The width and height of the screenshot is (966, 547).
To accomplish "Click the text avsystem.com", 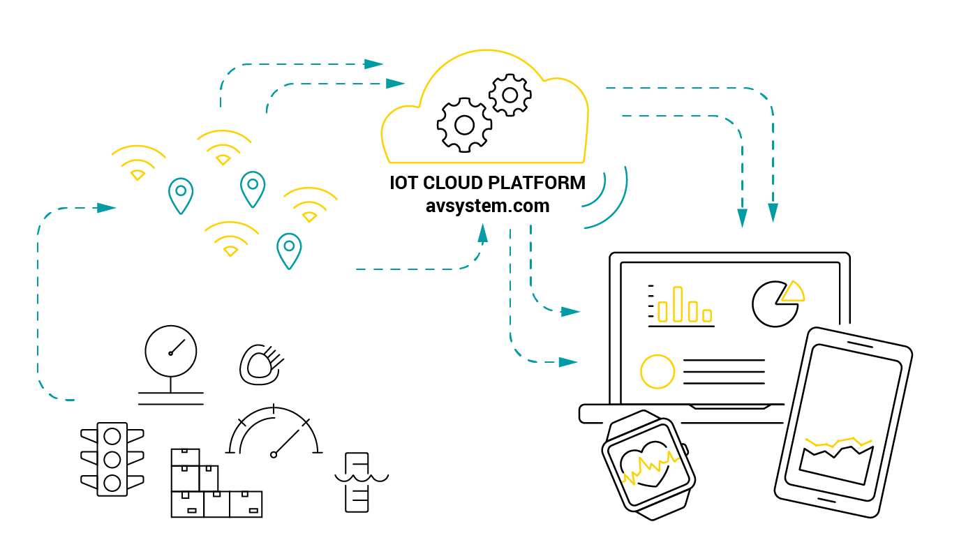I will pos(487,207).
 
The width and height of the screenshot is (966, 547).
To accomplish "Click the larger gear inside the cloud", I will pos(464,125).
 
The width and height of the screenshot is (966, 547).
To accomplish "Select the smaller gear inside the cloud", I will pos(510,95).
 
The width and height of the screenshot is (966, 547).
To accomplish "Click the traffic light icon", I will pos(112,458).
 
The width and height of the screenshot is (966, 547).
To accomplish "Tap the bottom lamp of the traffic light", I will pos(112,481).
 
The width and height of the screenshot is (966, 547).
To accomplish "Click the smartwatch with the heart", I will pos(647,465).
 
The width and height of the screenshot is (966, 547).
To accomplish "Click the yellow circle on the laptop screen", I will pos(657,371).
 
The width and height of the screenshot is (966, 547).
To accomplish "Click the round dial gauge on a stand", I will pos(171,351).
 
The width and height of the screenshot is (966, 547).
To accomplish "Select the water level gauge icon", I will pos(357,481).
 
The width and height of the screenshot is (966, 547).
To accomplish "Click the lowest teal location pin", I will pos(289,250).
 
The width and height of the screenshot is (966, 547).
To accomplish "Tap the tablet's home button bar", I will pos(820,500).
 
